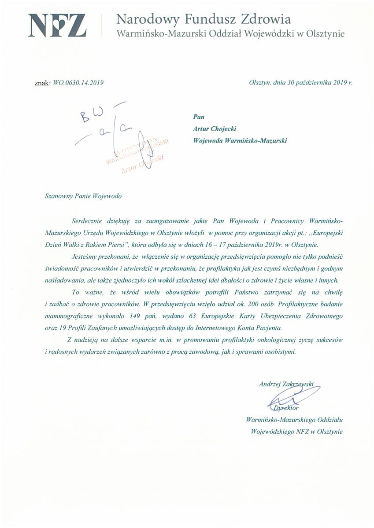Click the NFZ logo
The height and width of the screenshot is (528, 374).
tap(57, 26)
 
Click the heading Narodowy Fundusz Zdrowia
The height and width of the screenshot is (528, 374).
tap(204, 19)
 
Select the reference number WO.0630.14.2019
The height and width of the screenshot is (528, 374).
tap(78, 82)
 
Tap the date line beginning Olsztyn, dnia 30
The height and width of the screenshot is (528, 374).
tap(301, 82)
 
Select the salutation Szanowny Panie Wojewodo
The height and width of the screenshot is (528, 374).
tap(83, 196)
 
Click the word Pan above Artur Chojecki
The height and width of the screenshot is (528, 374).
tap(199, 117)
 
